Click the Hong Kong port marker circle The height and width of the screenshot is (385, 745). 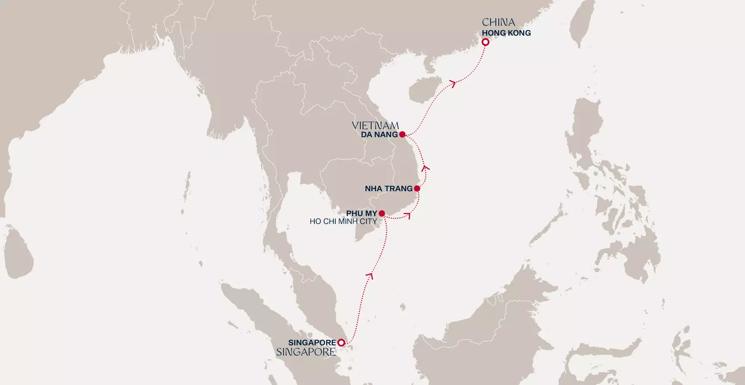point(485,42)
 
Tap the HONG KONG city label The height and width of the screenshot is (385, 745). point(506,33)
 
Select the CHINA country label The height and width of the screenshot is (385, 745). point(498,22)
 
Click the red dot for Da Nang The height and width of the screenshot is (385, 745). point(402,134)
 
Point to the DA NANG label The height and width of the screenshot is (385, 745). point(379,135)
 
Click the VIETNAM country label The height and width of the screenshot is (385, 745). point(375,125)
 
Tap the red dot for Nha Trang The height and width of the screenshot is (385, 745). point(417,189)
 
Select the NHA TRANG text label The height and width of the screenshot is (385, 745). point(388,189)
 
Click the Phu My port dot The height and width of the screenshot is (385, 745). point(382,213)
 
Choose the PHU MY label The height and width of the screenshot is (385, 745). point(361,214)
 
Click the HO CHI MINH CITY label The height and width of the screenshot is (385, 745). point(343,221)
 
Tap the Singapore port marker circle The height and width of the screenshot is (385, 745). point(341,343)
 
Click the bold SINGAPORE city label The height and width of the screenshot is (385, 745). point(312,343)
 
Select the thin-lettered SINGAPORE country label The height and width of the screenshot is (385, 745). point(306,352)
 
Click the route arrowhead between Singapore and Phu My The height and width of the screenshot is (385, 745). point(369,275)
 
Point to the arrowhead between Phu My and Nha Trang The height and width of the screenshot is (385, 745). point(407,215)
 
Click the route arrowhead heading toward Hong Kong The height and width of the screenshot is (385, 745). point(453,83)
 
